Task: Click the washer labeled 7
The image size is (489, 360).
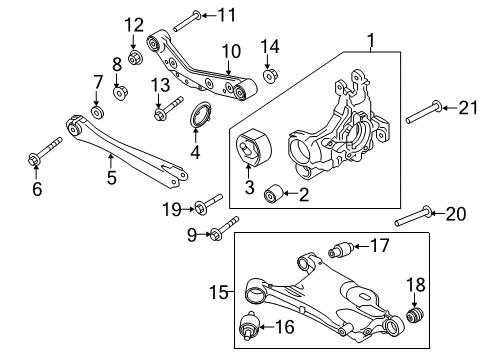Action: point(97,109)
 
